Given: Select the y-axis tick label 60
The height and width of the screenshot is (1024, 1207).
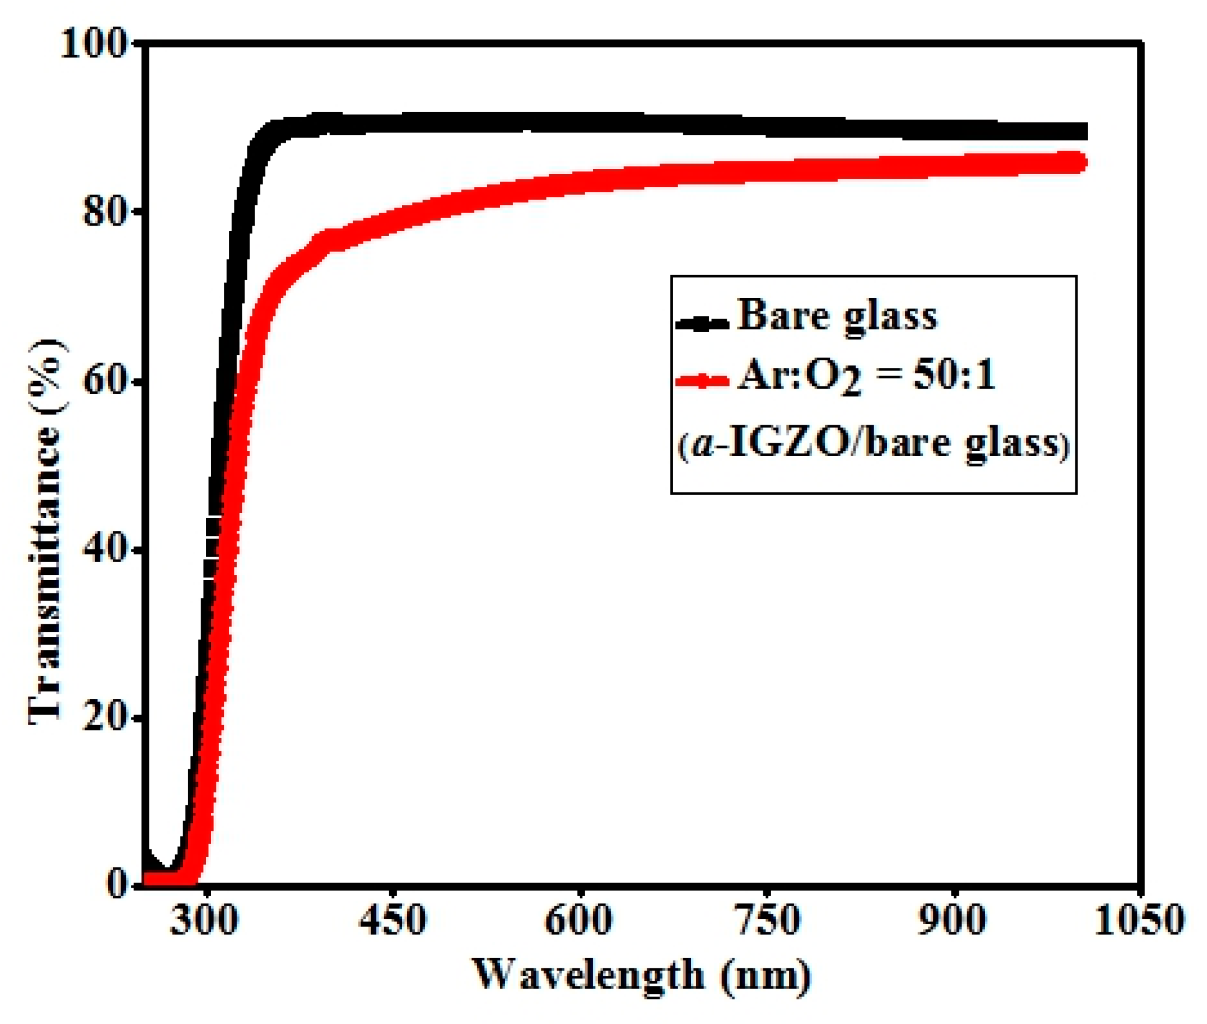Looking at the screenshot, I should click(x=105, y=382).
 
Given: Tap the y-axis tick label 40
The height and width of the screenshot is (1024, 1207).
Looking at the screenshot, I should click(x=105, y=551).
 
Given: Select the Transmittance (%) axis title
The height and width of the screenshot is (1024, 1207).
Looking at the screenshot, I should click(x=46, y=531).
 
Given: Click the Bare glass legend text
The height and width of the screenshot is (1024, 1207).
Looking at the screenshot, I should click(x=837, y=316).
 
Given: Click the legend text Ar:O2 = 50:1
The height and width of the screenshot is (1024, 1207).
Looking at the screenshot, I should click(x=866, y=376).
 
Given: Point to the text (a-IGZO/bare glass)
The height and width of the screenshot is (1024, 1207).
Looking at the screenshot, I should click(x=873, y=444).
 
